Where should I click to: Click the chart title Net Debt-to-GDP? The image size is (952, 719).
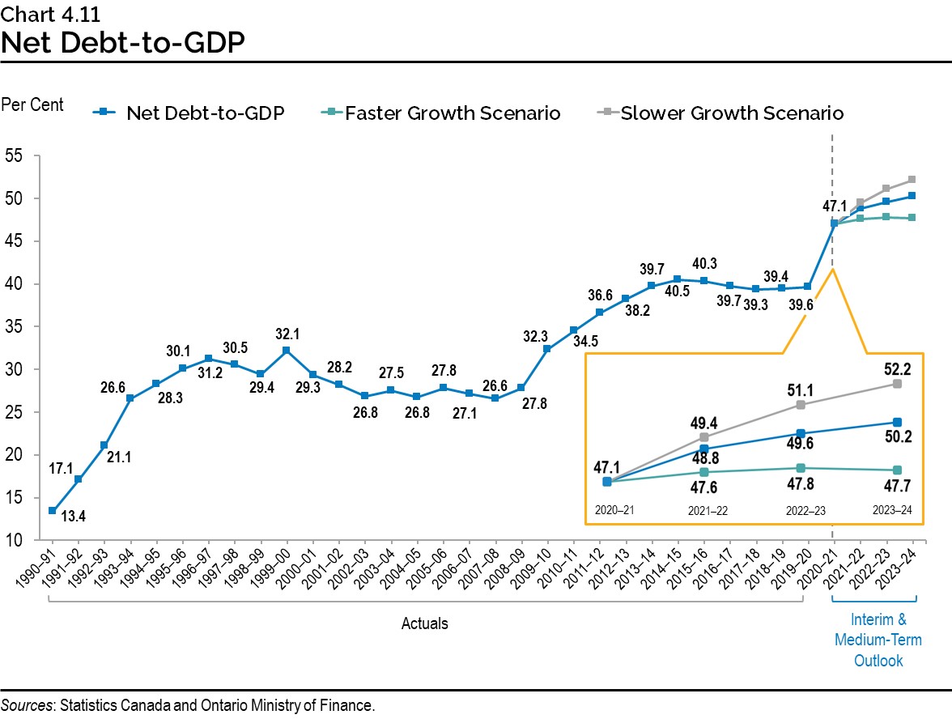click(123, 42)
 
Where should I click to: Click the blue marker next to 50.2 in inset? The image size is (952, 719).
click(897, 422)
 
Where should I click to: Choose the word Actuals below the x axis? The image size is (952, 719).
click(425, 623)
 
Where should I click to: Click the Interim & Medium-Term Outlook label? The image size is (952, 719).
click(878, 640)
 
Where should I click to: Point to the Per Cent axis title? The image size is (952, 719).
click(32, 104)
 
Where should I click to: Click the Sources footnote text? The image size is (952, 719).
click(188, 705)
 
